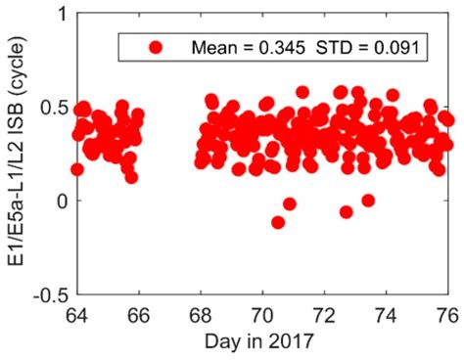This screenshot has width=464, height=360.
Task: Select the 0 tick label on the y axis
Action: click(x=64, y=202)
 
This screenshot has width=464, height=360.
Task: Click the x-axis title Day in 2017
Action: click(x=262, y=341)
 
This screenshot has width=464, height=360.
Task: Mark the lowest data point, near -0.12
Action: click(x=278, y=222)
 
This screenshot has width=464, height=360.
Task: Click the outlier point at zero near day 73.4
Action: click(x=368, y=201)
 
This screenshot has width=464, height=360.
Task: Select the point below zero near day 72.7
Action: click(x=347, y=211)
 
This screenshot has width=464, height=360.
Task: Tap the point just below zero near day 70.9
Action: click(x=290, y=204)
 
